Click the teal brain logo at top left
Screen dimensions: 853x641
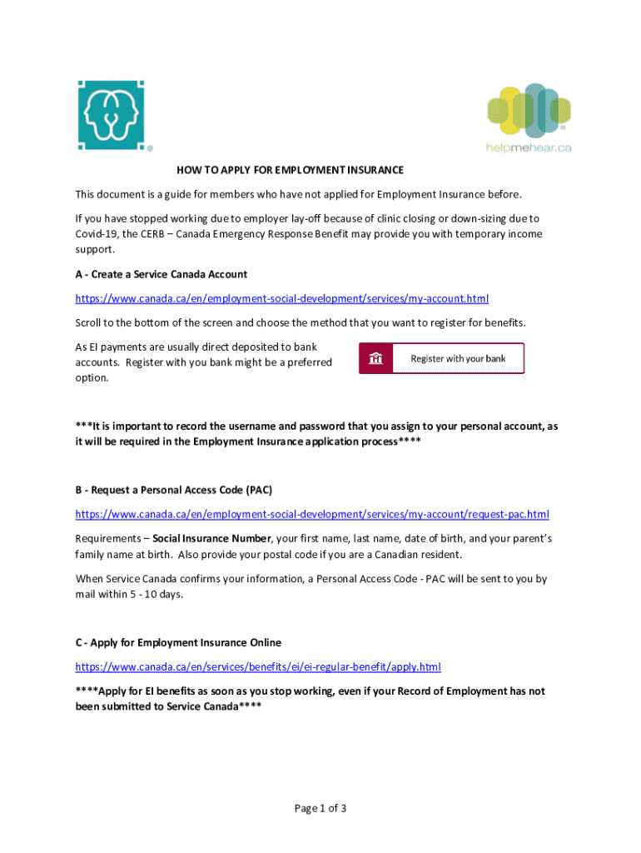[x=110, y=115]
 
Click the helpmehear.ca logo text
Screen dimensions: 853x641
[x=529, y=147]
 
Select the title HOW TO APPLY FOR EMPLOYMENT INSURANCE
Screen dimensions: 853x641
[x=290, y=170]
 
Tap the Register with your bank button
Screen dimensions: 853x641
[x=441, y=358]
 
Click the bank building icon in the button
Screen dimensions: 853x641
[x=376, y=359]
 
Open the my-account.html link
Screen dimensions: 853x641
[x=282, y=297]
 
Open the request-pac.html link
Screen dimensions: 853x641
[x=312, y=514]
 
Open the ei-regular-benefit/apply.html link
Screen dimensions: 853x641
[x=258, y=666]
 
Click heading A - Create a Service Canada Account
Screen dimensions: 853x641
[x=161, y=274]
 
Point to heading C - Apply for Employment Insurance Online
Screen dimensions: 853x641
[x=178, y=642]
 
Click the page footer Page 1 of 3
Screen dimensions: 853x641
[x=320, y=808]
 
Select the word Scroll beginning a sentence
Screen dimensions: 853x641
[x=90, y=322]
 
